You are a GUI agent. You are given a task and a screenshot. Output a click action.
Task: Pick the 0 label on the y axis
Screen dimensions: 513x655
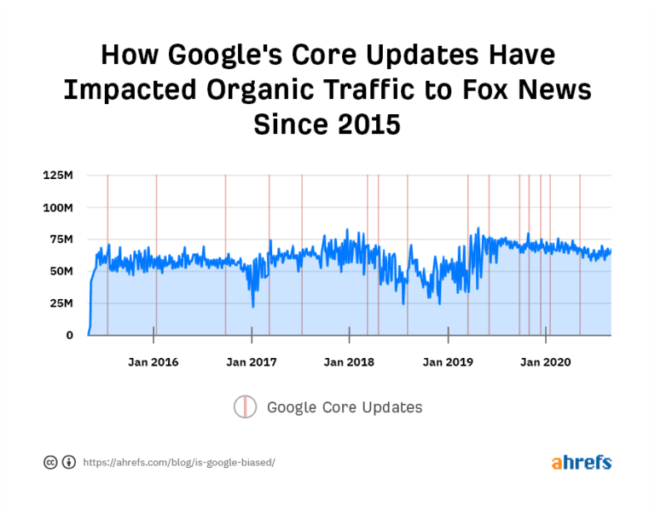(x=69, y=335)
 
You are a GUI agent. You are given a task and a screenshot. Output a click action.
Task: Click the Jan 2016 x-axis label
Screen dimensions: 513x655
(x=154, y=362)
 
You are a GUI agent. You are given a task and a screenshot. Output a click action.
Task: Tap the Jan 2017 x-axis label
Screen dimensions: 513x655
(x=251, y=362)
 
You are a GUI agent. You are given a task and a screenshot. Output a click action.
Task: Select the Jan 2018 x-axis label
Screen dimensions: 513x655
(x=350, y=362)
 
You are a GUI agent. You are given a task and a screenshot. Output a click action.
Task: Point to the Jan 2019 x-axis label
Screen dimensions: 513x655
(x=448, y=362)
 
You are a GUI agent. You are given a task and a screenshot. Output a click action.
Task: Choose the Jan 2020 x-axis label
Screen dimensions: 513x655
(x=546, y=362)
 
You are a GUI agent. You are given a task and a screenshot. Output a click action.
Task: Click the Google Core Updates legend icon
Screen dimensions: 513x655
(x=246, y=407)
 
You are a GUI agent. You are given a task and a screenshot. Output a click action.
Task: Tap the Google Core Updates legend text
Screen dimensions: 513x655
(x=345, y=407)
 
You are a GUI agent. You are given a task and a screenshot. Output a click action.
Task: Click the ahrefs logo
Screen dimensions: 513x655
(x=581, y=462)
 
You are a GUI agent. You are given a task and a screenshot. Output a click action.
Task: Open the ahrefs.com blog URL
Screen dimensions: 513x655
(x=179, y=462)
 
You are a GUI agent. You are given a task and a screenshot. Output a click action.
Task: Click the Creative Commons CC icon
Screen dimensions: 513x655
(x=50, y=462)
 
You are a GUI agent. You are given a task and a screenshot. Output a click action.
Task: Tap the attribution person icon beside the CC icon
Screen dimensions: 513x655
(x=68, y=462)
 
